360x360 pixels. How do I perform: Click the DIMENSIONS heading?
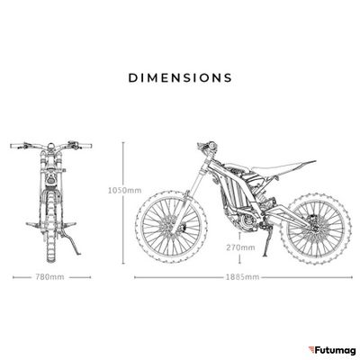180,77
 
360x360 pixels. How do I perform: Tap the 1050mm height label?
125,190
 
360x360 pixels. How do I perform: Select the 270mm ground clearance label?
240,247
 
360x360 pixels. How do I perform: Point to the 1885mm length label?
243,276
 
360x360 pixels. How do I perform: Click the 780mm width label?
50,276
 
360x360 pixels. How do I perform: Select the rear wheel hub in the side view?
315,228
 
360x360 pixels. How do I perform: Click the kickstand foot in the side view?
265,255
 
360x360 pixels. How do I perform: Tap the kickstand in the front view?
71,243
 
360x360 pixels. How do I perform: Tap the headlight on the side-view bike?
213,146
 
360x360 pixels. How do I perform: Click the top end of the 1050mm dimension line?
123,143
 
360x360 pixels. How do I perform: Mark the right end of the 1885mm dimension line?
352,277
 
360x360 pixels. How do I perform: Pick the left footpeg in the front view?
32,224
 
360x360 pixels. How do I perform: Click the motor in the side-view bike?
247,221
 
